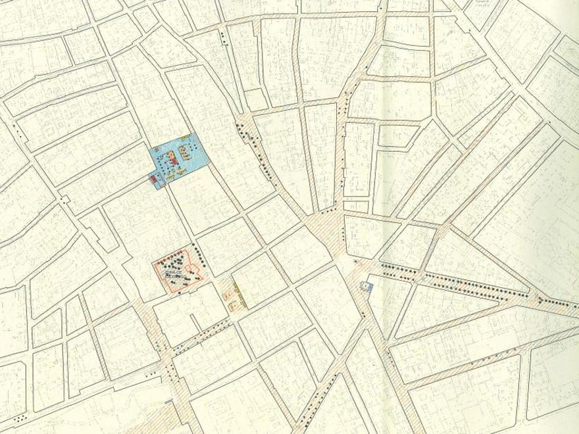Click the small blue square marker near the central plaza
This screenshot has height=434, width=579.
(x=366, y=287)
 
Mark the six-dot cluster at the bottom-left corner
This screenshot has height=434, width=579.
(x=20, y=418)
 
